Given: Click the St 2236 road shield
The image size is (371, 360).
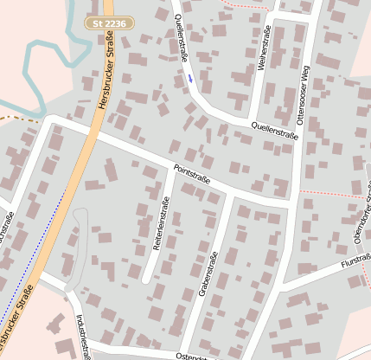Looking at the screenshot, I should [x=111, y=22].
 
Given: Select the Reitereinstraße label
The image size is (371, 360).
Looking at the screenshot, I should [x=162, y=224].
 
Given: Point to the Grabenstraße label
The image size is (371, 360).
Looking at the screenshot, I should [x=208, y=273].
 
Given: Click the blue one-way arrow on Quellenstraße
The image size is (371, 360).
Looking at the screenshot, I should [x=190, y=79].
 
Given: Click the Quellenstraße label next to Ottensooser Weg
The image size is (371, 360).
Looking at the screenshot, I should [x=274, y=130].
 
